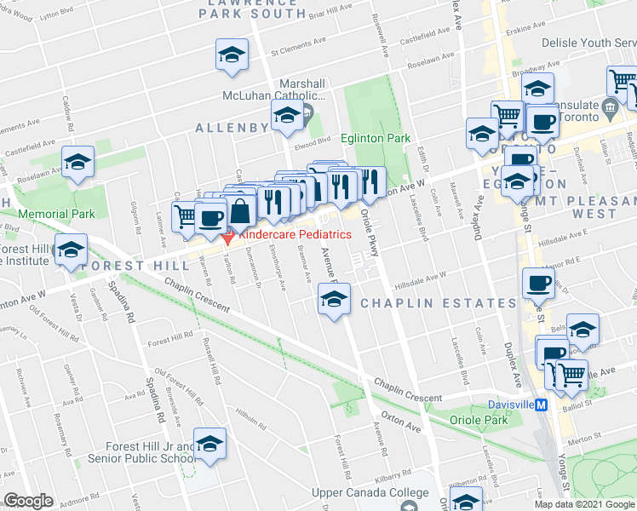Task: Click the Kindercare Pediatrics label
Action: click(x=295, y=234)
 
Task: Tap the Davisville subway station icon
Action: click(x=541, y=405)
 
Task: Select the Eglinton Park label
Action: click(x=376, y=138)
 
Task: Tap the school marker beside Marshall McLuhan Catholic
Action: click(x=287, y=118)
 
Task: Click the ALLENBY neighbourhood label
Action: click(x=232, y=128)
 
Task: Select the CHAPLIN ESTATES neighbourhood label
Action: click(x=438, y=303)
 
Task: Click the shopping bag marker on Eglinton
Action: click(x=241, y=210)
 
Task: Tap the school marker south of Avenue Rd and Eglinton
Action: click(x=334, y=299)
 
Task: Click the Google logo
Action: click(x=28, y=501)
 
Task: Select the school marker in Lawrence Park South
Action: click(x=230, y=55)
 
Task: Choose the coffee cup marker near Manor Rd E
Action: click(x=537, y=283)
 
